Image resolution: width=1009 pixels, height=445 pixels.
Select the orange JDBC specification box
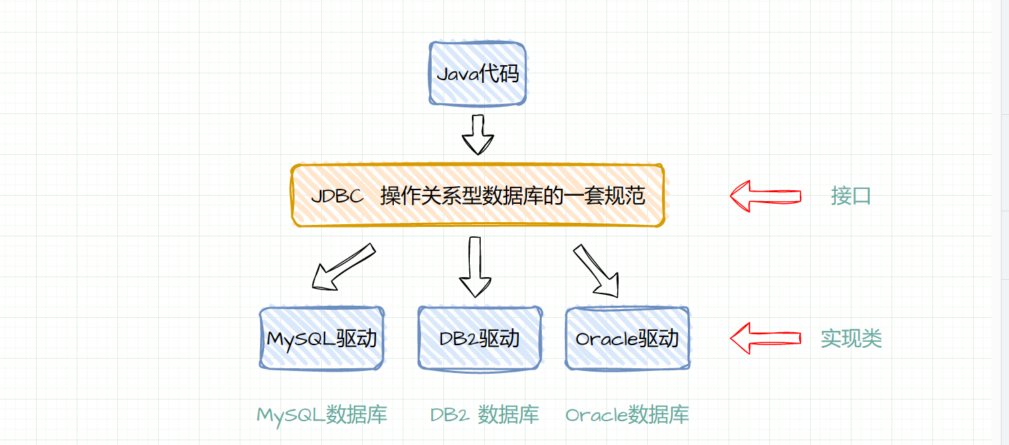pyautogui.click(x=477, y=196)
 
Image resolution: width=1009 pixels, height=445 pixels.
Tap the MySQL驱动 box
pyautogui.click(x=322, y=338)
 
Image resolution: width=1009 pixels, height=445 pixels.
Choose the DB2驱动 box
pyautogui.click(x=479, y=338)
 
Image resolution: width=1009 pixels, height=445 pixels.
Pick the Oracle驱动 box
pyautogui.click(x=627, y=338)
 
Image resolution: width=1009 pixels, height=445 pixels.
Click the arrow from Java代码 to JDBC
pyautogui.click(x=478, y=135)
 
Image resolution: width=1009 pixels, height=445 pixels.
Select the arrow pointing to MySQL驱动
pyautogui.click(x=343, y=266)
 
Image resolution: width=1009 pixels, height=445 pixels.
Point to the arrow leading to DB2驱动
pyautogui.click(x=475, y=267)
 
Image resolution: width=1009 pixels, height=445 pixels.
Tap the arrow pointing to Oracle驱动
pyautogui.click(x=597, y=270)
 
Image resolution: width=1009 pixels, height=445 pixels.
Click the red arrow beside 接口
pyautogui.click(x=765, y=196)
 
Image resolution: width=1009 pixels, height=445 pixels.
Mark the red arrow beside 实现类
pyautogui.click(x=765, y=338)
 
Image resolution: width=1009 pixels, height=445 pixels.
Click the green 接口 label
pyautogui.click(x=851, y=196)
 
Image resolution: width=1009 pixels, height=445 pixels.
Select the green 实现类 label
pyautogui.click(x=851, y=338)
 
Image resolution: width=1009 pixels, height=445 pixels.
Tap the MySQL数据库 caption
pyautogui.click(x=322, y=414)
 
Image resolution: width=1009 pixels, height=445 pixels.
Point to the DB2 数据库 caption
pyautogui.click(x=485, y=414)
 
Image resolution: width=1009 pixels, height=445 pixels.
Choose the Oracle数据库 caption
pyautogui.click(x=627, y=414)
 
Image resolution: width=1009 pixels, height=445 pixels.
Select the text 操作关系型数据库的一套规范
pyautogui.click(x=513, y=196)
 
